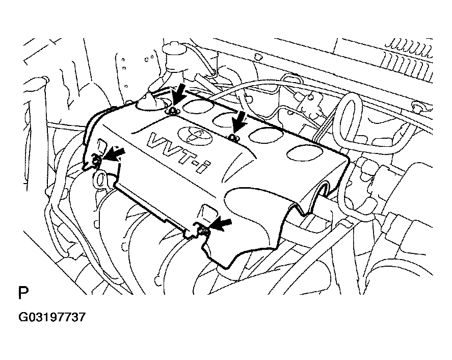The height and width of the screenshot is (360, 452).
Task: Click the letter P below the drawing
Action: (23, 294)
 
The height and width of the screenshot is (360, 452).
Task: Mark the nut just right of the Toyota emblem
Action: (232, 137)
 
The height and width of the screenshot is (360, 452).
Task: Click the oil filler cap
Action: (152, 104)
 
